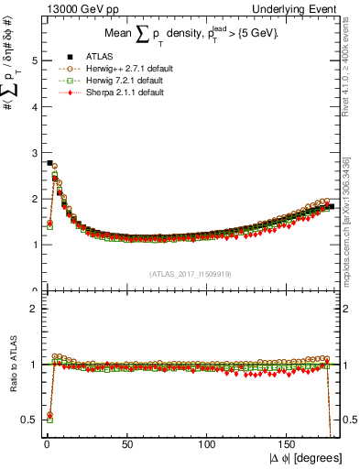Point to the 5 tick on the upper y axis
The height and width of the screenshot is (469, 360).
coord(33,61)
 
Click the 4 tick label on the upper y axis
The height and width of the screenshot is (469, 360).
coord(33,107)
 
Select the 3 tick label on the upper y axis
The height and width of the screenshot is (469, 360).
coord(33,153)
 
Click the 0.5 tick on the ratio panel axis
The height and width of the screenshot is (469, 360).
coord(29,420)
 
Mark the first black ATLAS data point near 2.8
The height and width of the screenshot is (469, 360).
coord(49,163)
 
